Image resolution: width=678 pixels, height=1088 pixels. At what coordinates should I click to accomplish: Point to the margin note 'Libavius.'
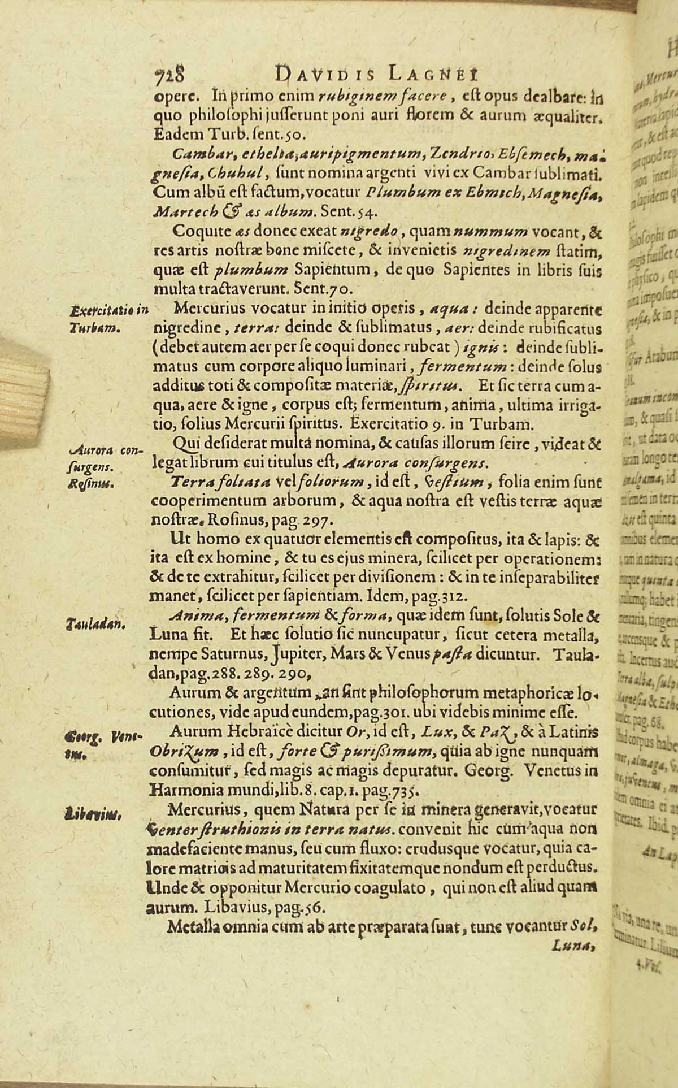click(x=92, y=814)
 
